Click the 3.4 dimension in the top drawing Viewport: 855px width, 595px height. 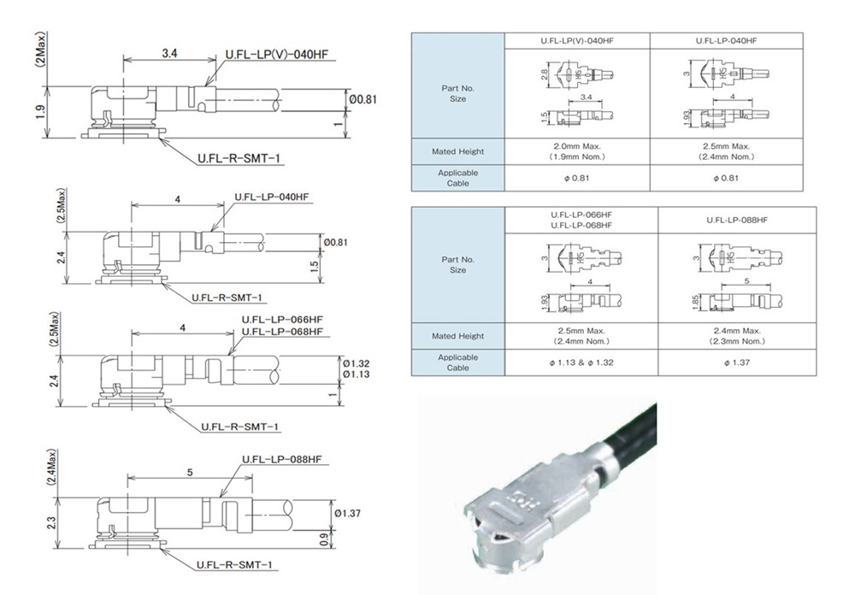click(168, 52)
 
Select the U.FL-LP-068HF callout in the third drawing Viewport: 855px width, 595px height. click(283, 332)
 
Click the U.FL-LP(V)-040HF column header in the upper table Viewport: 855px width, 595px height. click(577, 40)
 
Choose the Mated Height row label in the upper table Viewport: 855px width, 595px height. click(457, 151)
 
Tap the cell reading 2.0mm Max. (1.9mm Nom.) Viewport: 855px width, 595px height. click(577, 151)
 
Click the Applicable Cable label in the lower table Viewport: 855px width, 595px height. click(457, 362)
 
